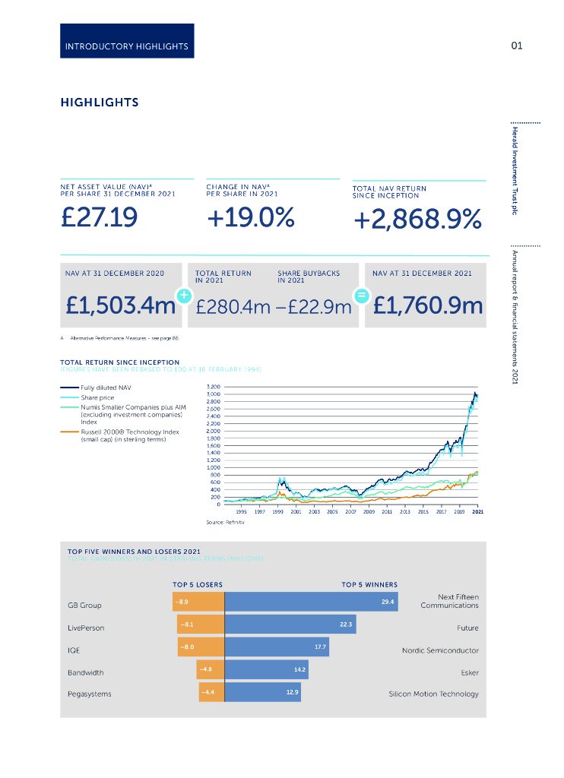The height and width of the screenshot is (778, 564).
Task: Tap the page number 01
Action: pos(517,46)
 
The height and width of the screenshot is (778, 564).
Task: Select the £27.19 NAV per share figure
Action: pos(99,218)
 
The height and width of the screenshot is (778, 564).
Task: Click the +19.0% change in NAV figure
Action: pos(250,218)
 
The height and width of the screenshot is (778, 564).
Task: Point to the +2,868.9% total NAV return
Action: pos(417,220)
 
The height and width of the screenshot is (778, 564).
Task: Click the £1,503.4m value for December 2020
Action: pos(121,305)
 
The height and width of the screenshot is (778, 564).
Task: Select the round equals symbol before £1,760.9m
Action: pos(363,296)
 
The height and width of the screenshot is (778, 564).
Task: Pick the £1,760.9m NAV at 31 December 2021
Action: pos(428,305)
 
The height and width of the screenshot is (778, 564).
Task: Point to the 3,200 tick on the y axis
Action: pos(213,387)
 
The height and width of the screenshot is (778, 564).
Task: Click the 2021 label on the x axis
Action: pos(477,513)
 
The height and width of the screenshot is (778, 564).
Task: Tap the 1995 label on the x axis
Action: pos(241,513)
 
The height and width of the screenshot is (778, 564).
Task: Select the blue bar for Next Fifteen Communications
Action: pos(312,602)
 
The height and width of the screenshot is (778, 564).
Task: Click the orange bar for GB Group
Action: pos(198,602)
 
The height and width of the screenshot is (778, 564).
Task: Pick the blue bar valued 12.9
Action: pos(263,692)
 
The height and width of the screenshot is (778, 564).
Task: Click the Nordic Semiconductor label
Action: pos(440,650)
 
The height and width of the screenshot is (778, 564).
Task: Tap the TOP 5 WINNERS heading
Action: pos(369,584)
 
